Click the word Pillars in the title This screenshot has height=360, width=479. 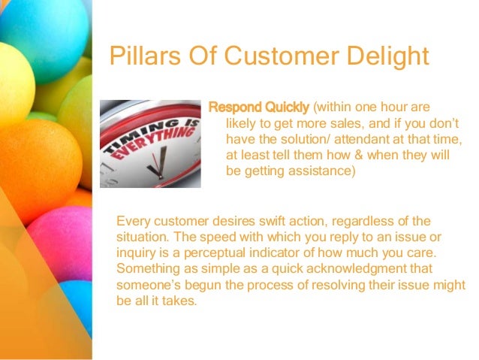coord(139,57)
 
